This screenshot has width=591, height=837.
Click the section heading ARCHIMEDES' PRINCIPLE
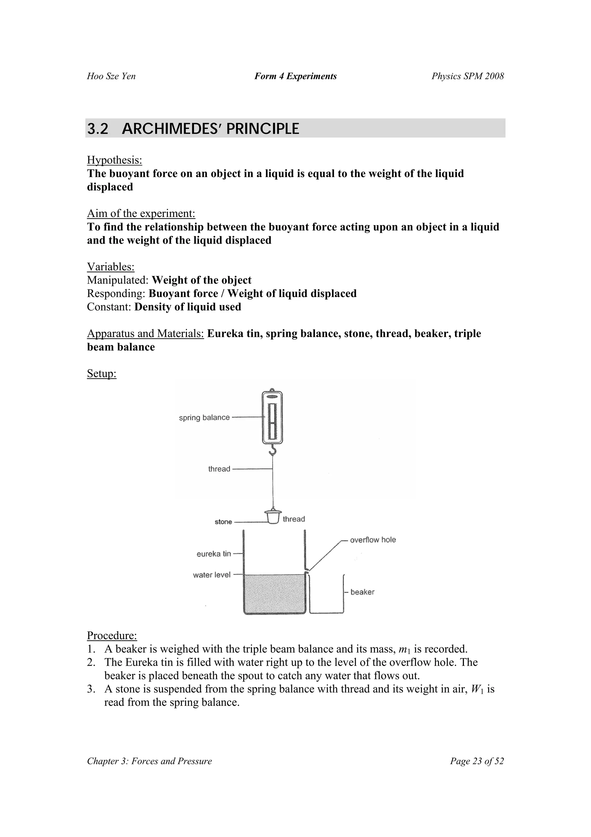pyautogui.click(x=210, y=129)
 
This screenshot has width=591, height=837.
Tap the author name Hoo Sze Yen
pyautogui.click(x=111, y=76)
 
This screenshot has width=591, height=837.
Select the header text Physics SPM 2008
pyautogui.click(x=467, y=76)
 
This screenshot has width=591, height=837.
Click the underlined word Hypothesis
pyautogui.click(x=114, y=160)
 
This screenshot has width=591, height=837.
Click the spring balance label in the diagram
pyautogui.click(x=204, y=417)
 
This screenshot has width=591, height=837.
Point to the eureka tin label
pyautogui.click(x=214, y=554)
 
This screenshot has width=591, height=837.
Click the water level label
pyautogui.click(x=212, y=575)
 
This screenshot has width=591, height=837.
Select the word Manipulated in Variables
pyautogui.click(x=117, y=280)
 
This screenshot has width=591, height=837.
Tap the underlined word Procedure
pyautogui.click(x=112, y=636)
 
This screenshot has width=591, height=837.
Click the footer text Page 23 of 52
pyautogui.click(x=477, y=761)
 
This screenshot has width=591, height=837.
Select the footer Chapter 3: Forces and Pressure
pyautogui.click(x=149, y=761)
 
